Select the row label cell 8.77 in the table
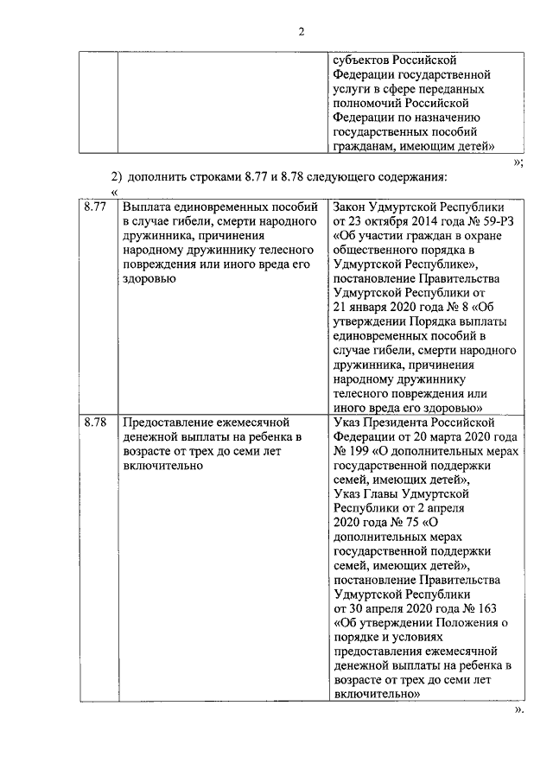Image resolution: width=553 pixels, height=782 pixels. pos(94,208)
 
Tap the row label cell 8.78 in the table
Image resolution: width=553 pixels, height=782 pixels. pos(94,423)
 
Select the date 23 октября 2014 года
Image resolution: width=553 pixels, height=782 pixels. pos(391,222)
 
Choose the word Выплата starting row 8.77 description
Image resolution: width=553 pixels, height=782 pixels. pos(146,208)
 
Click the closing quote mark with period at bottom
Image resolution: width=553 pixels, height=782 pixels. pos(518,709)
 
